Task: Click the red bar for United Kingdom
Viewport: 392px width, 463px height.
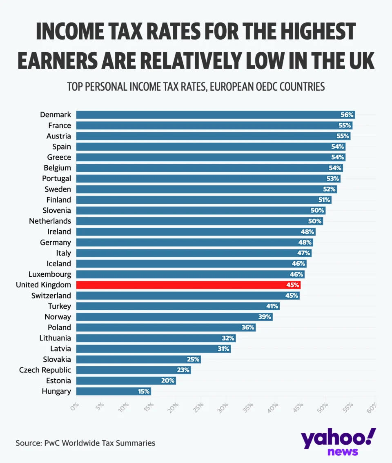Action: coord(188,285)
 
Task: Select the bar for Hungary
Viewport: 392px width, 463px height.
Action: coord(113,391)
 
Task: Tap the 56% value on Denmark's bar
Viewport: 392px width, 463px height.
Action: coord(347,115)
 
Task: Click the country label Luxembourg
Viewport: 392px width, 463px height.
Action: coord(50,274)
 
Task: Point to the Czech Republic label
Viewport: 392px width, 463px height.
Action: coord(45,370)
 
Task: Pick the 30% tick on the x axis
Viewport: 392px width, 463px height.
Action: coord(224,408)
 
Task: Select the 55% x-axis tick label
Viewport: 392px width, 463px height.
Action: coord(348,408)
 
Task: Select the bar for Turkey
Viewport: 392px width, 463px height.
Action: coord(178,306)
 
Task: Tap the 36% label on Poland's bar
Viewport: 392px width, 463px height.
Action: coord(247,327)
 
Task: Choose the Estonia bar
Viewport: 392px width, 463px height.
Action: coord(126,381)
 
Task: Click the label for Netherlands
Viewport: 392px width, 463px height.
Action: coord(50,221)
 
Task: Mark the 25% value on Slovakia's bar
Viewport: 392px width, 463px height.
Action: coord(193,359)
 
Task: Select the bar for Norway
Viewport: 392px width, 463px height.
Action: coord(174,317)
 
